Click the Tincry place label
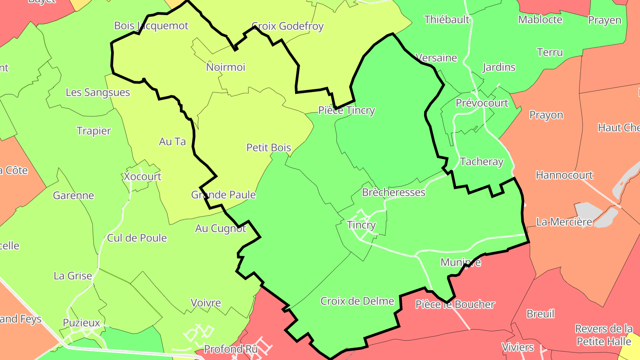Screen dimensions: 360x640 tap(361, 225)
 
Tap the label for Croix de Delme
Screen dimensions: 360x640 tap(357, 301)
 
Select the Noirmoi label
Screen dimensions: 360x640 tap(226, 67)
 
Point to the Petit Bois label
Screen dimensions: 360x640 tap(269, 148)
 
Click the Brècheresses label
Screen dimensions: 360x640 tap(394, 192)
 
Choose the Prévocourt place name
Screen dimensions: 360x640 tap(482, 103)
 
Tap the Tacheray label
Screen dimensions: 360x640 tap(482, 162)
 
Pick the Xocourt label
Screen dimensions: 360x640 tap(142, 176)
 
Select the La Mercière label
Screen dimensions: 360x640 tap(564, 222)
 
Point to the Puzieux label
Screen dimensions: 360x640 tap(81, 323)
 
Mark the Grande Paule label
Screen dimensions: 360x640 tap(224, 195)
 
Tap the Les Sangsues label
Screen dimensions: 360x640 tap(98, 92)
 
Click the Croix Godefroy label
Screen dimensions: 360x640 tap(288, 26)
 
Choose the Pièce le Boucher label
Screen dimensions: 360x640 tap(455, 304)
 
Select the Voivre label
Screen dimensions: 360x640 tap(206, 303)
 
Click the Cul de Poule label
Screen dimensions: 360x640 tap(137, 238)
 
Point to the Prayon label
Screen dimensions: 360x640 tap(546, 115)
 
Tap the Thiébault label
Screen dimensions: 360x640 tap(447, 20)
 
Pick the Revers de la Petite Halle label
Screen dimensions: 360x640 tap(604, 335)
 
